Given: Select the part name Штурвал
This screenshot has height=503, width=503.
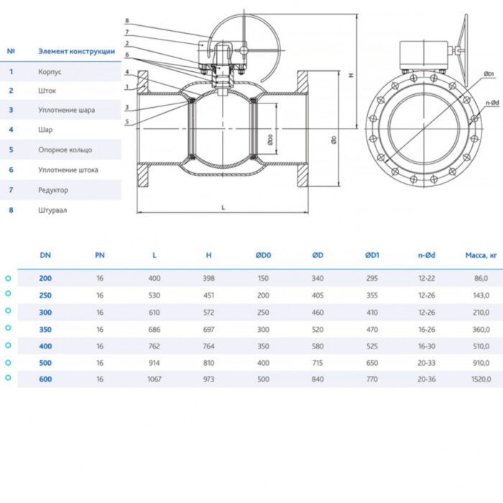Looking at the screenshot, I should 52,210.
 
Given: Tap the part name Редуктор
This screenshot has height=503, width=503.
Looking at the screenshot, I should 53,190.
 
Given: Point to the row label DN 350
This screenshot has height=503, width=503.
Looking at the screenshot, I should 45,328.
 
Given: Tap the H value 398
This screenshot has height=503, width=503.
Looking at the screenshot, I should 208,278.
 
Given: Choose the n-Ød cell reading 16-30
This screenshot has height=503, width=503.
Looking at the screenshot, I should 427,346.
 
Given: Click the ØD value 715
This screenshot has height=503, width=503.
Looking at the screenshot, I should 318,362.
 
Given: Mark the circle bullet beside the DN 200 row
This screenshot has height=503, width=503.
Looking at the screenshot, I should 8,278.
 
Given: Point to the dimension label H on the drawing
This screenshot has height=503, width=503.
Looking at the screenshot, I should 351,75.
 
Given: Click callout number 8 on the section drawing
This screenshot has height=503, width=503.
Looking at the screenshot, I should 126,21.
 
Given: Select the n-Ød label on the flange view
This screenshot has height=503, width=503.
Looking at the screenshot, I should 492,103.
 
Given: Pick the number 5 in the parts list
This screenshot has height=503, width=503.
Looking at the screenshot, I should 11,150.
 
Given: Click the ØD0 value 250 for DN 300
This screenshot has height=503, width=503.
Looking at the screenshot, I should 263,312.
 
